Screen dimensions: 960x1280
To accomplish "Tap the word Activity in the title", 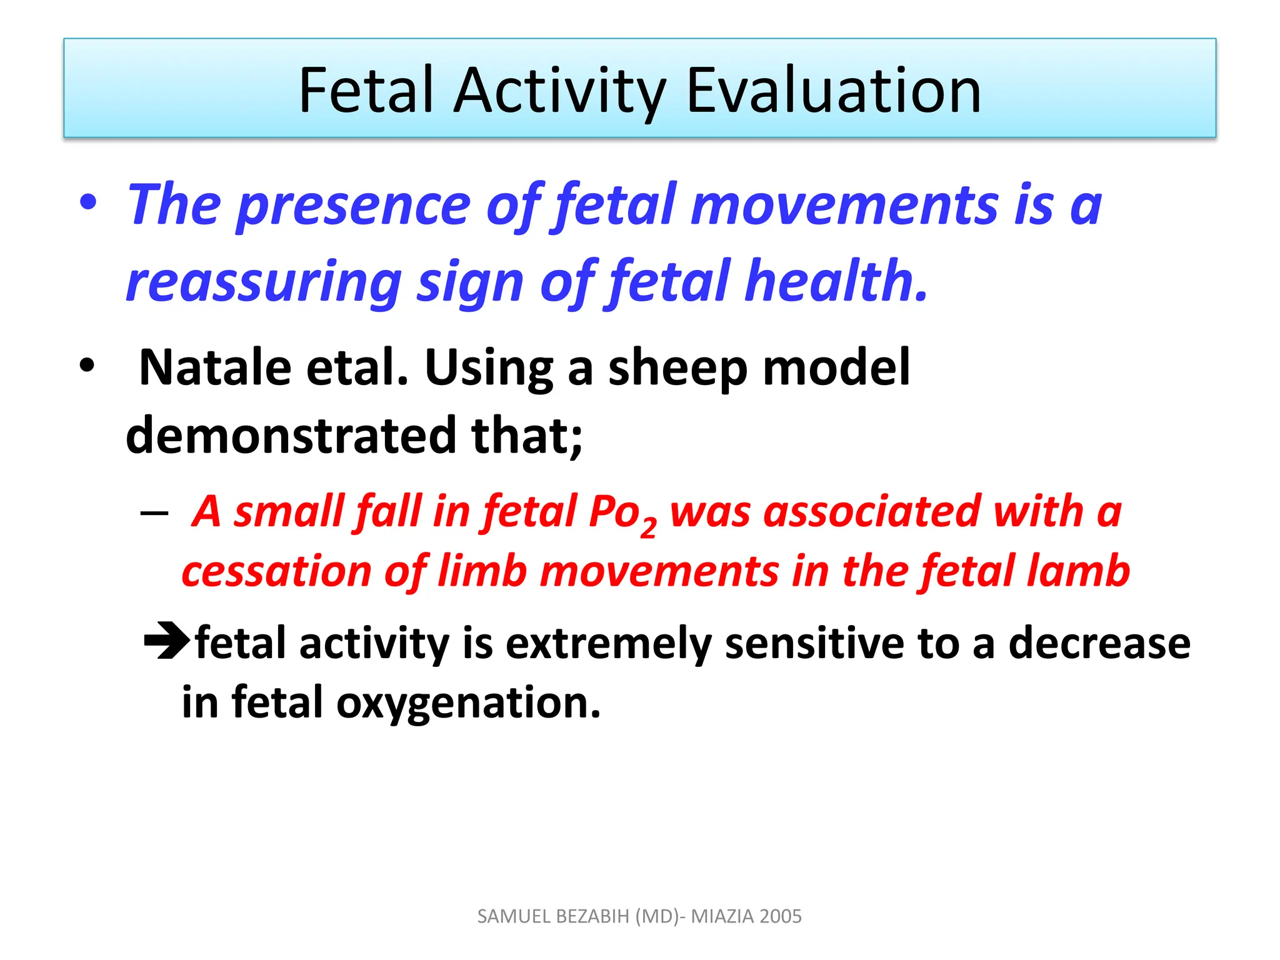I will [559, 91].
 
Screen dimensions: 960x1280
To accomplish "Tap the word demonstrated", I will [291, 436].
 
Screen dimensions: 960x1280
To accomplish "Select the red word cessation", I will [277, 571].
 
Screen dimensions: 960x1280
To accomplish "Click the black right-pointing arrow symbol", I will [166, 641].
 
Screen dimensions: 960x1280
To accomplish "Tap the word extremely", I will [608, 644].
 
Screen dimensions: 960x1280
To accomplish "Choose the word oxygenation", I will [468, 703].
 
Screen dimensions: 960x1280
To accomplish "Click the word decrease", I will [1099, 644].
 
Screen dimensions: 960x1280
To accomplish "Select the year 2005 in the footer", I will [781, 916].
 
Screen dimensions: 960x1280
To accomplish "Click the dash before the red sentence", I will [154, 514].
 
